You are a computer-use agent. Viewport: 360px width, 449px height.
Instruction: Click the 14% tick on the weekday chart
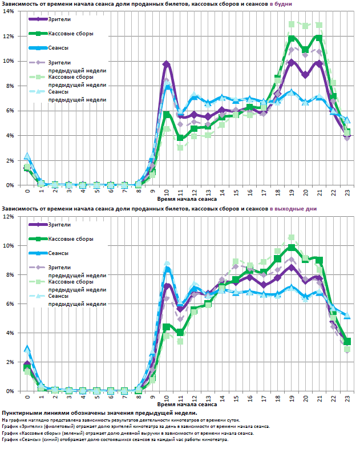click(10, 11)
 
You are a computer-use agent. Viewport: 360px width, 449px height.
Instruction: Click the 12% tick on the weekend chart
click(10, 217)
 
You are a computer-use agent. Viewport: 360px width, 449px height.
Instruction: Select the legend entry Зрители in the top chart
click(58, 19)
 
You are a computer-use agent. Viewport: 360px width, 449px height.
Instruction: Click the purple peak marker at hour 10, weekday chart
click(166, 64)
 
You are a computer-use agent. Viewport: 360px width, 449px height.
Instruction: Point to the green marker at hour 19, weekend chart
click(292, 248)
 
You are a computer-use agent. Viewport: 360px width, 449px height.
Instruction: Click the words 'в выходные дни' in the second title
click(293, 209)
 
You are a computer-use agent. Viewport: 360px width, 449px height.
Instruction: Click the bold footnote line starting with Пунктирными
click(99, 412)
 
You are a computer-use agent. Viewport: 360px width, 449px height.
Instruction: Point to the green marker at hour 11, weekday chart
click(180, 138)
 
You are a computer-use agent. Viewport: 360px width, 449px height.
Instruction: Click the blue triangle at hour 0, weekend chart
click(27, 348)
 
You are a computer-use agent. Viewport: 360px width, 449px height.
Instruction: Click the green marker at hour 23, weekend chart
click(347, 341)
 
